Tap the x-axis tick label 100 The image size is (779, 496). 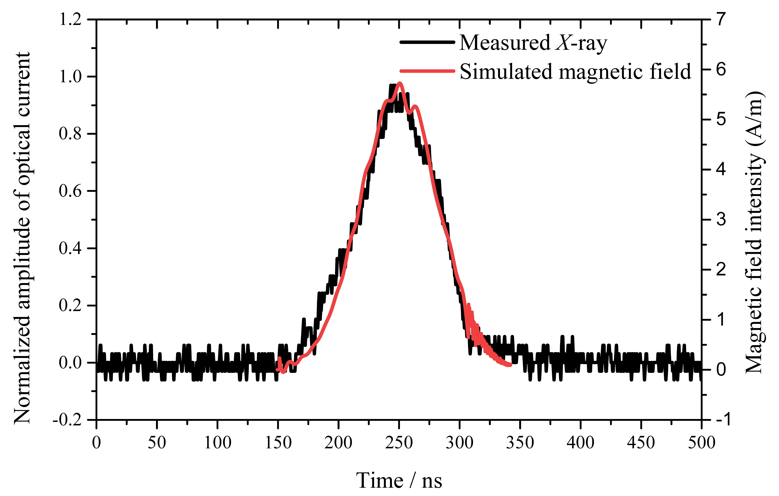tap(217, 443)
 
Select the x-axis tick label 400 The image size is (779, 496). tap(580, 443)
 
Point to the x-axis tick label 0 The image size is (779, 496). tap(96, 443)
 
